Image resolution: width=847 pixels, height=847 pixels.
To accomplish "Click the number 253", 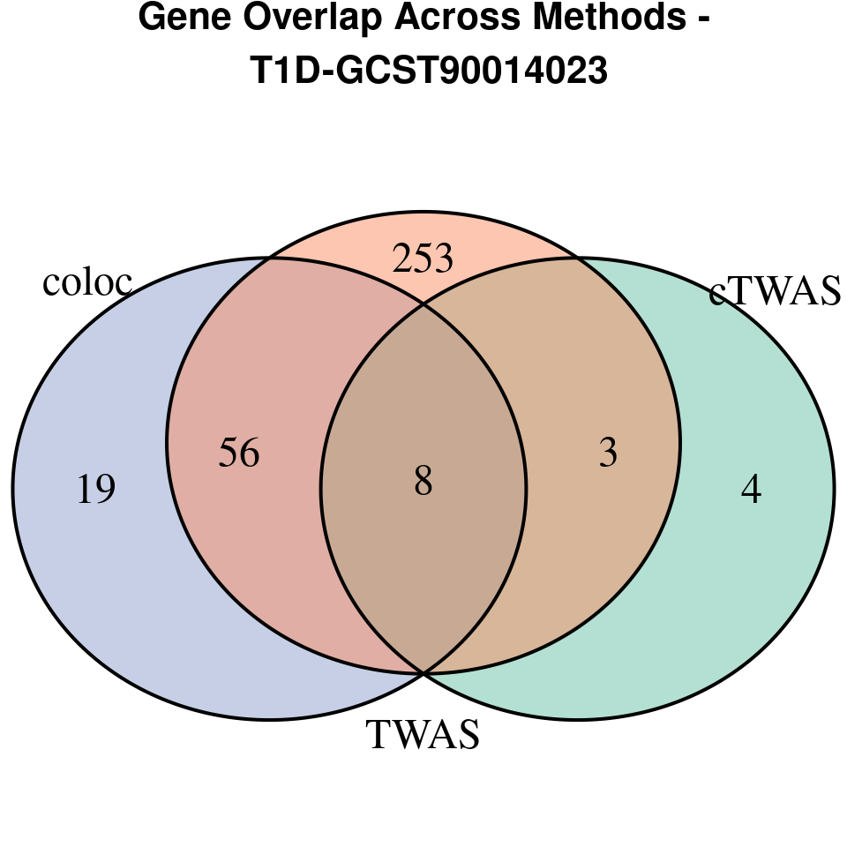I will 423,259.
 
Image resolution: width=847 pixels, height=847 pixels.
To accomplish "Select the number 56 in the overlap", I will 239,453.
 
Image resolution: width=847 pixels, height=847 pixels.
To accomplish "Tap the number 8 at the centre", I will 423,483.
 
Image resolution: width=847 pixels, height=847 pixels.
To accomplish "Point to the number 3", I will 608,453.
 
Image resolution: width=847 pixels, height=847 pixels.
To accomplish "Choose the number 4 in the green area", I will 751,490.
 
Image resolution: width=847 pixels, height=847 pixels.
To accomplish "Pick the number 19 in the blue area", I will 96,490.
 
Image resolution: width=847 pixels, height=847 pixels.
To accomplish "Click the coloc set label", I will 87,282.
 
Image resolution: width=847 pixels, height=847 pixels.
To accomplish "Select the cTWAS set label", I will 776,292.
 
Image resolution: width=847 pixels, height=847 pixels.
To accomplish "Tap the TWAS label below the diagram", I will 423,735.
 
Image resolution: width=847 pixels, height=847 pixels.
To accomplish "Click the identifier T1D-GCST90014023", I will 430,71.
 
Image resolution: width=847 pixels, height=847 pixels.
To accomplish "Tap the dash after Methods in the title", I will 703,19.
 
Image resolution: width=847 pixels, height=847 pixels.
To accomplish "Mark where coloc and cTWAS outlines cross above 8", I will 423,305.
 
